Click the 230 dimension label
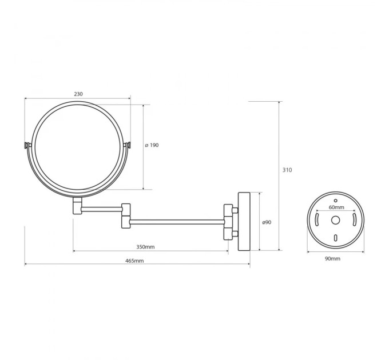[x=78, y=94]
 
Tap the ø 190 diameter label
[x=152, y=145]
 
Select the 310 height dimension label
[x=287, y=170]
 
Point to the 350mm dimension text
[x=145, y=247]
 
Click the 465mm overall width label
[x=134, y=261]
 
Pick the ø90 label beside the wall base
[x=267, y=222]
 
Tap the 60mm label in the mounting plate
[x=336, y=207]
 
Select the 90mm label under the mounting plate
[x=333, y=259]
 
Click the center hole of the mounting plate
[x=335, y=220]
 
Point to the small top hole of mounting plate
[x=335, y=201]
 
